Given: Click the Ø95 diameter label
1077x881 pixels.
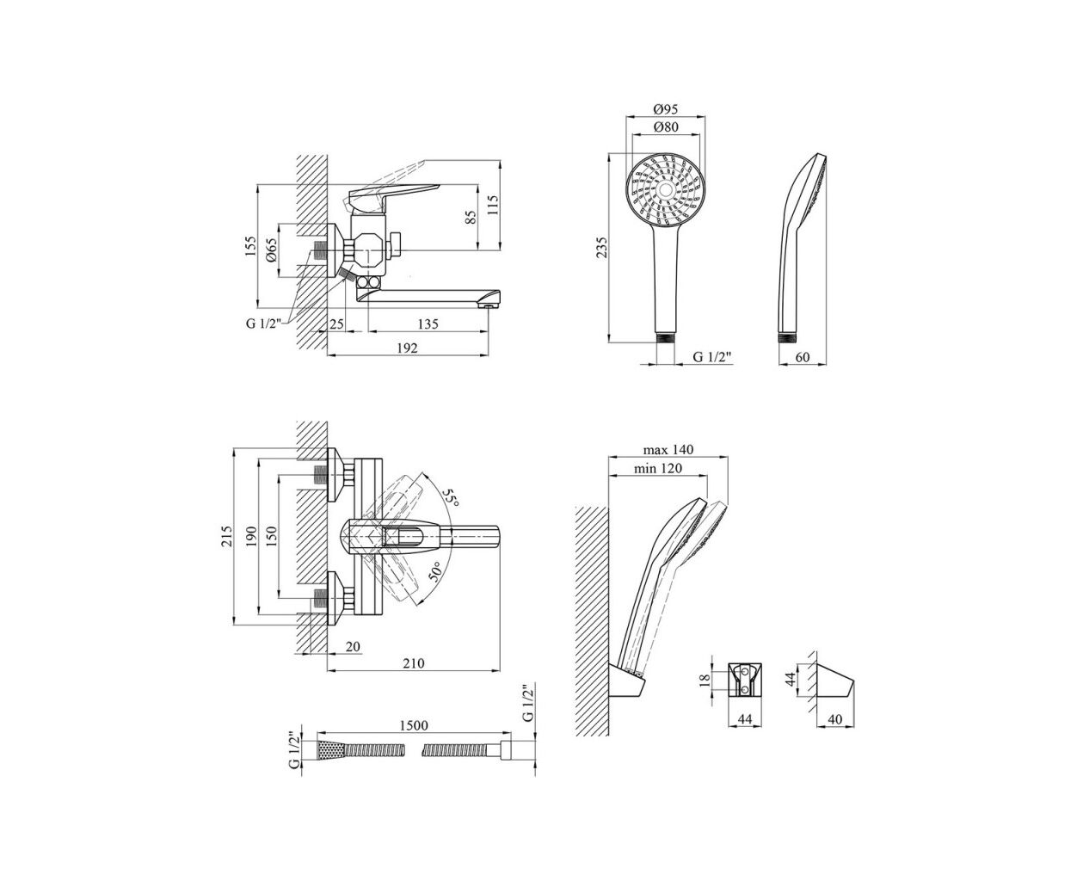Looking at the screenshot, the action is [665, 108].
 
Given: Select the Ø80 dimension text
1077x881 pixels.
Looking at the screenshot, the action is [666, 126].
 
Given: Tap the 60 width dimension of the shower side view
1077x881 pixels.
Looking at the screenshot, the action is [803, 357].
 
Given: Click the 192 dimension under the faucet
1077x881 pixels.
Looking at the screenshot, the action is [407, 348].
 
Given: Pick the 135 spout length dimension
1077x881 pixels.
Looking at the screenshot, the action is [428, 323].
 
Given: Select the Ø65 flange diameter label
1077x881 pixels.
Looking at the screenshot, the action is [271, 250].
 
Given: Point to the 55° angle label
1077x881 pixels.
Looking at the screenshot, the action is [450, 496].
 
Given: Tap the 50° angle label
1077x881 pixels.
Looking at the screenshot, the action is [435, 572].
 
